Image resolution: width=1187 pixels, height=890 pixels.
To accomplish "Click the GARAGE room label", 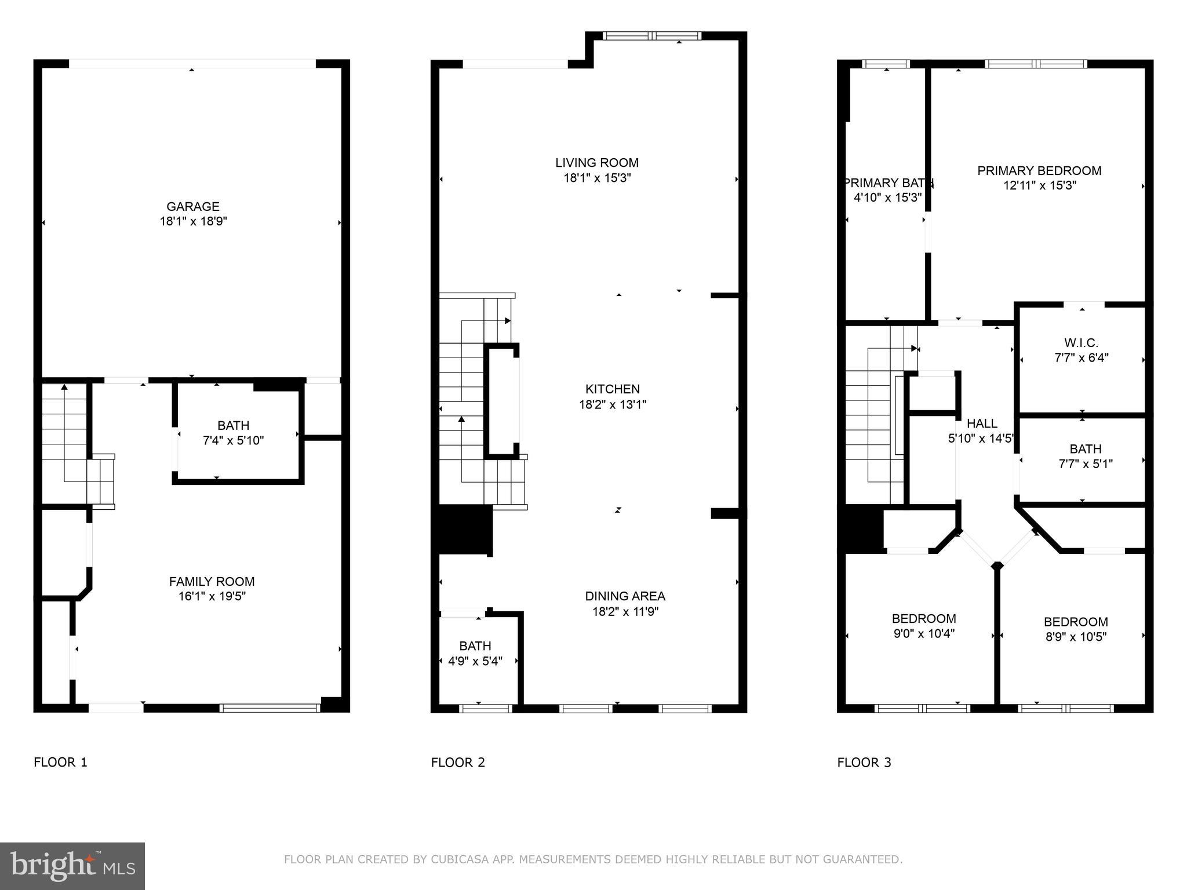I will pos(193,206).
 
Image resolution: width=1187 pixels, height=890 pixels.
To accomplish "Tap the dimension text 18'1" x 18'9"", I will pos(193,221).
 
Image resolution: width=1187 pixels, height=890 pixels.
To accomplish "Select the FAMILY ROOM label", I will pos(212,581).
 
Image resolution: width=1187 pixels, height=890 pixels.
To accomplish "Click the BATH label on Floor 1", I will pos(233,425).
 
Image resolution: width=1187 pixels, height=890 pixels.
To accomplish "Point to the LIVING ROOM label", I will pos(596,163).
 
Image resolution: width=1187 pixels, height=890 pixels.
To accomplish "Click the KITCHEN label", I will pos(612,389).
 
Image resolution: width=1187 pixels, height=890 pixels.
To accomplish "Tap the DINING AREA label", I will pos(625,596).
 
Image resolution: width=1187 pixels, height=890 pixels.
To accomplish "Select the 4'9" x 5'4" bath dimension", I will pos(475,661).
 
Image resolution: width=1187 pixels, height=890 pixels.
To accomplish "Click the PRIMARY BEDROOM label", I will pos(1039,170).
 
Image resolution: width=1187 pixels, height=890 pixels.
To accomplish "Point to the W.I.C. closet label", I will pos(1081,342).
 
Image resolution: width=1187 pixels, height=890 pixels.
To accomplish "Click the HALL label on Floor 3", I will pos(982,424).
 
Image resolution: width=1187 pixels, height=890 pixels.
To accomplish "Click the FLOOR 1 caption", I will pos(60,763).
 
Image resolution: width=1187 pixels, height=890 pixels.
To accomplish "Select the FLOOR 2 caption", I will pos(458,763).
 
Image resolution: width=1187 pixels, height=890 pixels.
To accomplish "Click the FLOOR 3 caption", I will pos(864,763).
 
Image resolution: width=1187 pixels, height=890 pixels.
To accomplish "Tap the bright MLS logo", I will pos(72,866).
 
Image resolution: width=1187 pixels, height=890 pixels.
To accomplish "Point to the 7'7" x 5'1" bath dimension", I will pos(1085,464).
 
